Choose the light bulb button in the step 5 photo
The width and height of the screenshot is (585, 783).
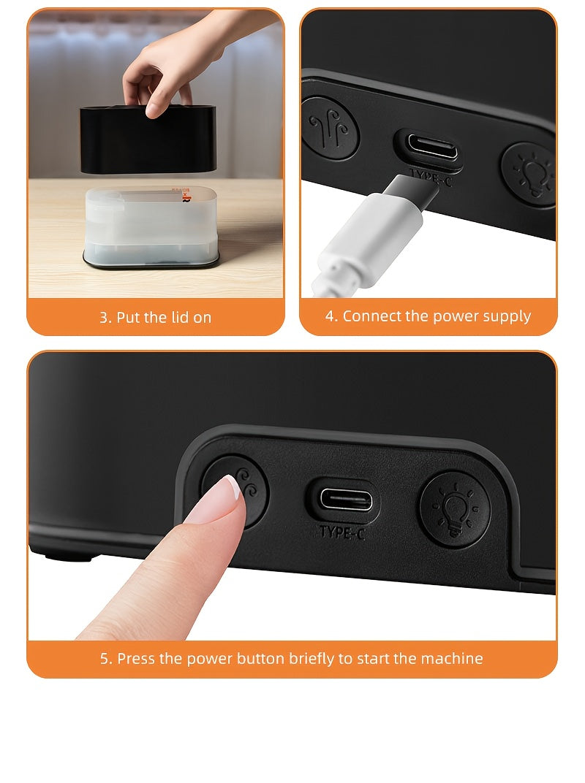[x=454, y=508]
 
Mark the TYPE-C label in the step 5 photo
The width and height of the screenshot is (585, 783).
[x=341, y=532]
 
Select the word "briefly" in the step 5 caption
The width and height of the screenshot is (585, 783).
[x=311, y=659]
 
